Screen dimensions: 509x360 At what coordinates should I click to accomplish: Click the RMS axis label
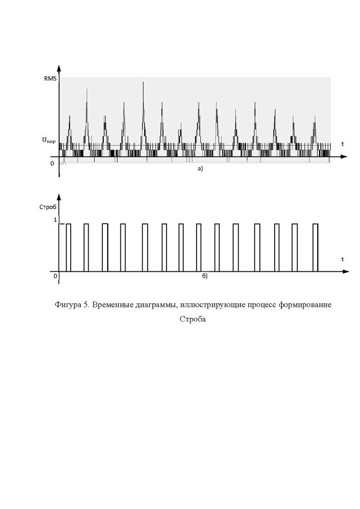coord(50,79)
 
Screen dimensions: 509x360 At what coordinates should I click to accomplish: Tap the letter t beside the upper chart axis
coord(342,144)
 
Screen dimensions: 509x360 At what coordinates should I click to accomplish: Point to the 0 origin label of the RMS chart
coord(52,163)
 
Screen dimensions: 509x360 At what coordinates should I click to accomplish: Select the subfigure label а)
coord(200,169)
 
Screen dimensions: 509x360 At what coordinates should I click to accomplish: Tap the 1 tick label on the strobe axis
coord(55,220)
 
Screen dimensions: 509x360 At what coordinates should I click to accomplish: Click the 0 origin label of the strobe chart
coord(55,275)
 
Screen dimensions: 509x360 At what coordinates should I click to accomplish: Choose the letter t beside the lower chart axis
coord(342,259)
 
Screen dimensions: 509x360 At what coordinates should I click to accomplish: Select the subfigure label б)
coord(205,276)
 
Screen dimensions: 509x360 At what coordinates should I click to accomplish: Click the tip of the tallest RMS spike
coord(143,83)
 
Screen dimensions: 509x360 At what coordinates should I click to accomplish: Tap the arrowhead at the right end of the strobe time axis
coord(345,271)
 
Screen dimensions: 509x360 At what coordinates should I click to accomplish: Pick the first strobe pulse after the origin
coord(68,247)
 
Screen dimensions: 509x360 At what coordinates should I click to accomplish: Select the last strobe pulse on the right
coord(315,247)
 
